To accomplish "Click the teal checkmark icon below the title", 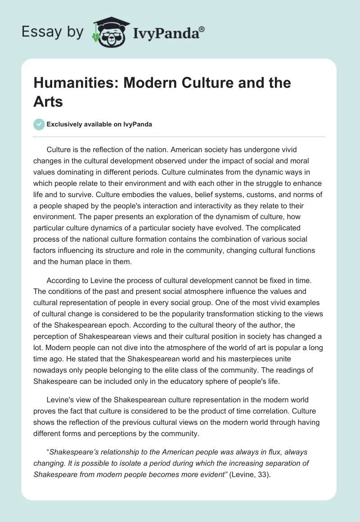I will pyautogui.click(x=40, y=124).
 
